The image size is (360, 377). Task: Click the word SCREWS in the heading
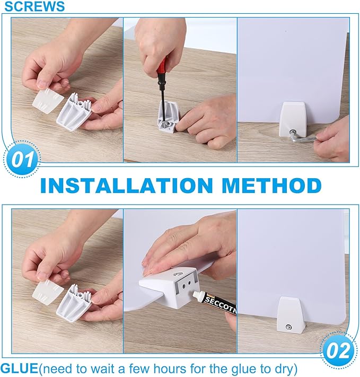click(x=34, y=6)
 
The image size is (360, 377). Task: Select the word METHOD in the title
click(x=272, y=186)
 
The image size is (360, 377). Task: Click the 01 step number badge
click(x=22, y=159)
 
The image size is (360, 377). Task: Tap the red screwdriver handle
click(x=163, y=69)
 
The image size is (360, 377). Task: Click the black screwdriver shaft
click(x=163, y=101)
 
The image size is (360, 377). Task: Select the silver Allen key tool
click(x=304, y=137)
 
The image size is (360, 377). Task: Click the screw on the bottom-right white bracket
click(x=288, y=327)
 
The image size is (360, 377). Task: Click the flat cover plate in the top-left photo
click(x=48, y=101)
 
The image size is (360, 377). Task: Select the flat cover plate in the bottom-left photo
click(x=48, y=292)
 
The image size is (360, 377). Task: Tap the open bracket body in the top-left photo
click(x=74, y=111)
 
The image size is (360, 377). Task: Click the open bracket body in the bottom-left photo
click(x=74, y=303)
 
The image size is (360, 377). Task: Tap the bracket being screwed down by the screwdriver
click(x=169, y=117)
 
